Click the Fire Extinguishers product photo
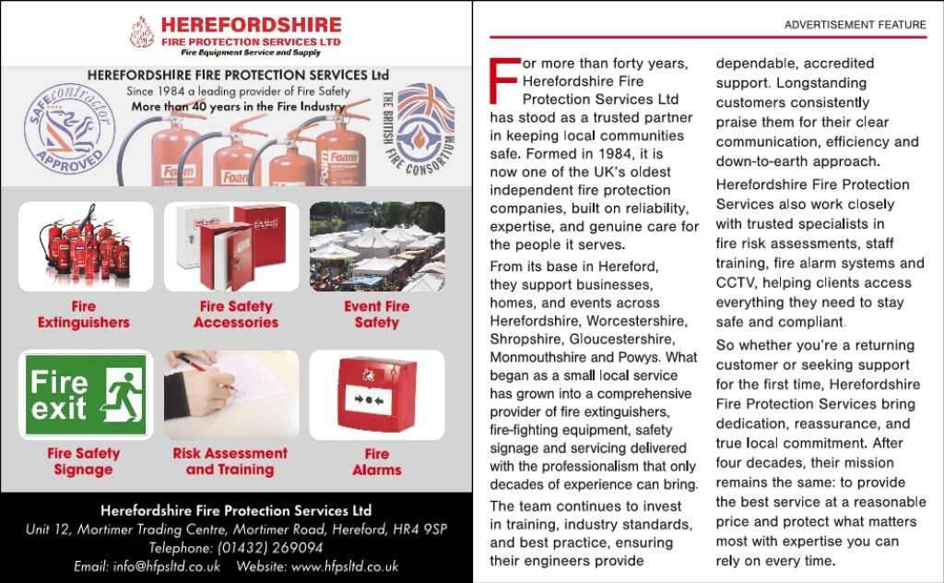pos(85,246)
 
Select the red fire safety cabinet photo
pos(231,246)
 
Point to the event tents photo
pos(377,246)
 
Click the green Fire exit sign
pos(85,395)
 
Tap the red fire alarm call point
pos(377,395)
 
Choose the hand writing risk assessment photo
pos(231,395)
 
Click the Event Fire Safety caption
pos(377,315)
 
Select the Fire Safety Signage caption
pos(84,461)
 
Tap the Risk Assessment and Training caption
pos(230,461)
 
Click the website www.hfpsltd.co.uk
pos(344,566)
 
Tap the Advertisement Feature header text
pos(855,25)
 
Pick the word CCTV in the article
pos(736,283)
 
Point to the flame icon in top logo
pos(142,32)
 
